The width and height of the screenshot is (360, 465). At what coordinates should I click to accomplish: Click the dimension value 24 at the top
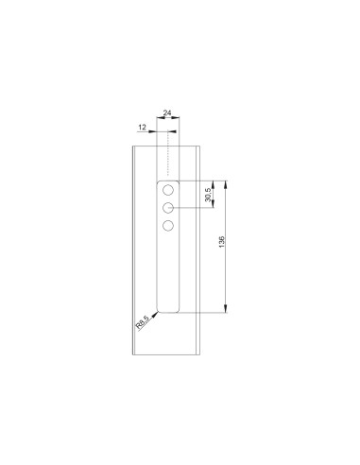pyautogui.click(x=167, y=112)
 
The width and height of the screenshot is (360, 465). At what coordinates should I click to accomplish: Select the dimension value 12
pyautogui.click(x=142, y=126)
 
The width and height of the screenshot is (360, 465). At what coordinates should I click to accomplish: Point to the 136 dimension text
pyautogui.click(x=221, y=245)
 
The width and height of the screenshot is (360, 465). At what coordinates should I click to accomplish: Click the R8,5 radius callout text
pyautogui.click(x=143, y=324)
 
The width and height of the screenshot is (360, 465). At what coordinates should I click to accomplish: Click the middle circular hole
pyautogui.click(x=168, y=207)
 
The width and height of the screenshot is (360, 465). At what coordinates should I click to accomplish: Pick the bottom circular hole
pyautogui.click(x=168, y=225)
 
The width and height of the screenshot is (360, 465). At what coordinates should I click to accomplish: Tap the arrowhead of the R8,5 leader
pyautogui.click(x=157, y=310)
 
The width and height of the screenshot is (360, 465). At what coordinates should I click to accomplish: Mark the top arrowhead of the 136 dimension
pyautogui.click(x=227, y=182)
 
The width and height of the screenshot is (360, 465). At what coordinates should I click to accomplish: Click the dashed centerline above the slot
pyautogui.click(x=168, y=151)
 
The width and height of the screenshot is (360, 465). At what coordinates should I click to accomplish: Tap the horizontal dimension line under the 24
pyautogui.click(x=167, y=122)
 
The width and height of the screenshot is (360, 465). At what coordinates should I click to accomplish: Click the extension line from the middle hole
pyautogui.click(x=194, y=207)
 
